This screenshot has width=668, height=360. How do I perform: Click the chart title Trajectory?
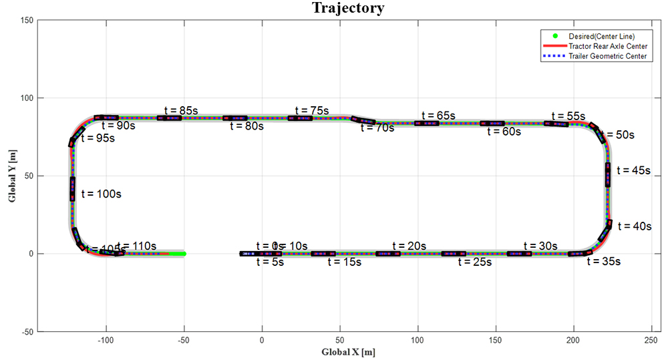[348, 8]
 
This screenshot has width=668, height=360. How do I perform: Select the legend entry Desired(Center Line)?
[601, 35]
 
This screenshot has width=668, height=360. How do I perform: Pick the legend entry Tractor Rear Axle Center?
[607, 46]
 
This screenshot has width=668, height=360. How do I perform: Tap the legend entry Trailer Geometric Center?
[607, 57]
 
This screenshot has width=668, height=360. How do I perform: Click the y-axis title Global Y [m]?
[11, 176]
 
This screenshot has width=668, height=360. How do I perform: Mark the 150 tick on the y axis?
[25, 21]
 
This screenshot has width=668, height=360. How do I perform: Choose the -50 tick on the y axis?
[25, 331]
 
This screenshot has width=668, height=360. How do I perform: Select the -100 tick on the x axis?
[106, 340]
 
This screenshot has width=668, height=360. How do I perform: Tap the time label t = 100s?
[101, 194]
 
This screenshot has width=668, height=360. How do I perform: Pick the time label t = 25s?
[475, 262]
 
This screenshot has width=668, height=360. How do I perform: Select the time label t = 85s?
[182, 110]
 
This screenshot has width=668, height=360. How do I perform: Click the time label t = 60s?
[503, 132]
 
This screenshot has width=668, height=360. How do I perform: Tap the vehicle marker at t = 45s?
[608, 175]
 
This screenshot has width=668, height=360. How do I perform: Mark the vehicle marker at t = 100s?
[72, 188]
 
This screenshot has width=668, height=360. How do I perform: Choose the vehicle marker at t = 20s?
[388, 254]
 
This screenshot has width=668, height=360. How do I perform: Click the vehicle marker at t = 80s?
[234, 118]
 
